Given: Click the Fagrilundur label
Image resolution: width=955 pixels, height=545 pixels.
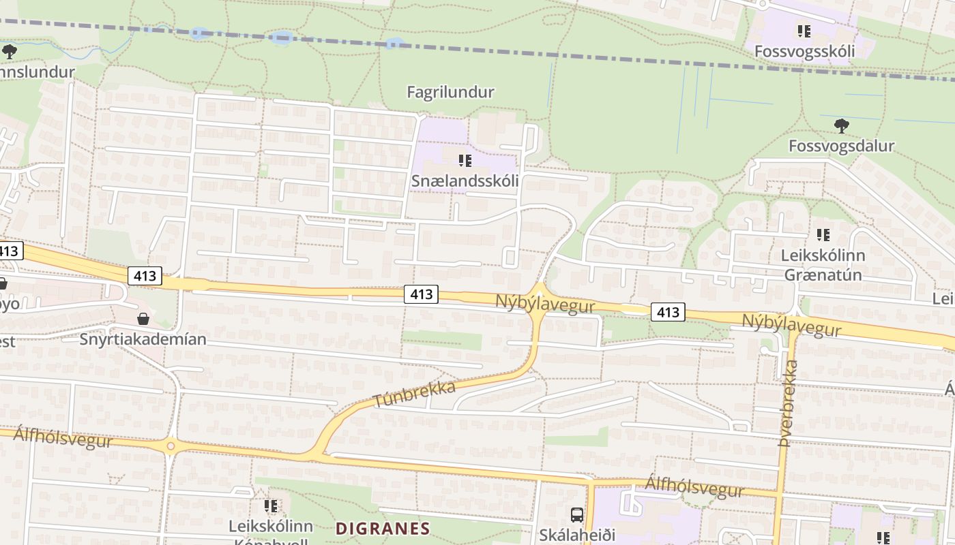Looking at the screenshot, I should click(450, 92).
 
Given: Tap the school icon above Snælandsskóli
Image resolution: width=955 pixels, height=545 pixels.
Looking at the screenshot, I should click(465, 161).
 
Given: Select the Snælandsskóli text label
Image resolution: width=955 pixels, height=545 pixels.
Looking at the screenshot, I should click(465, 181).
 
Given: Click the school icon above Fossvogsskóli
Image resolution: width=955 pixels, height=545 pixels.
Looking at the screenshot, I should click(804, 31).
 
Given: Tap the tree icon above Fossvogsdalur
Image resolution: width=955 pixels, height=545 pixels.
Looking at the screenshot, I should click(842, 125).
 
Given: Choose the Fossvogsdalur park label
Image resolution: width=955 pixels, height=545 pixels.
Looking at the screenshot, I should click(841, 146).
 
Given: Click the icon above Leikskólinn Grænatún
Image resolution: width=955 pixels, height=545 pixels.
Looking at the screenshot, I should click(823, 235).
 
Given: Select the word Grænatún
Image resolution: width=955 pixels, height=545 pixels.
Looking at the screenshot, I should click(823, 275).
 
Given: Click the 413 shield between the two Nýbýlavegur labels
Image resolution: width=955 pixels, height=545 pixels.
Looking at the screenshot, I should click(667, 312).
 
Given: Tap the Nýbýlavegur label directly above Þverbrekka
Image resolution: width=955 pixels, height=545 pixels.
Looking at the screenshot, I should click(791, 326).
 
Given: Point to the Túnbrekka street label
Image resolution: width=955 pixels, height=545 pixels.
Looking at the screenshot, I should click(415, 395).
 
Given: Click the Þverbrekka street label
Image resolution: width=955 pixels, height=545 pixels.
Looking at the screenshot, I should click(789, 403).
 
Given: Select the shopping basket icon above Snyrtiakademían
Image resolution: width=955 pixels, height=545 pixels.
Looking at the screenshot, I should click(143, 319).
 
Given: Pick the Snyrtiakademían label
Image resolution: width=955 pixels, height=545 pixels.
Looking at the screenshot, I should click(143, 339).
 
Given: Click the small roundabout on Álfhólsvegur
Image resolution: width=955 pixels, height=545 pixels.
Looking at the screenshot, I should click(171, 447).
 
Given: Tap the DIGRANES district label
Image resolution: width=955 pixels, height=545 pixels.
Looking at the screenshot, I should click(383, 529).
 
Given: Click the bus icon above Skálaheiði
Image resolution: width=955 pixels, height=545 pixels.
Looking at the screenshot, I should click(577, 515).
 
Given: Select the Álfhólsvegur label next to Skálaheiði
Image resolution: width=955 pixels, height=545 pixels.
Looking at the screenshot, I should click(694, 486).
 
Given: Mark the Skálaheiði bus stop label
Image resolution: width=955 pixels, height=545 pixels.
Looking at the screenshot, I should click(577, 535).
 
